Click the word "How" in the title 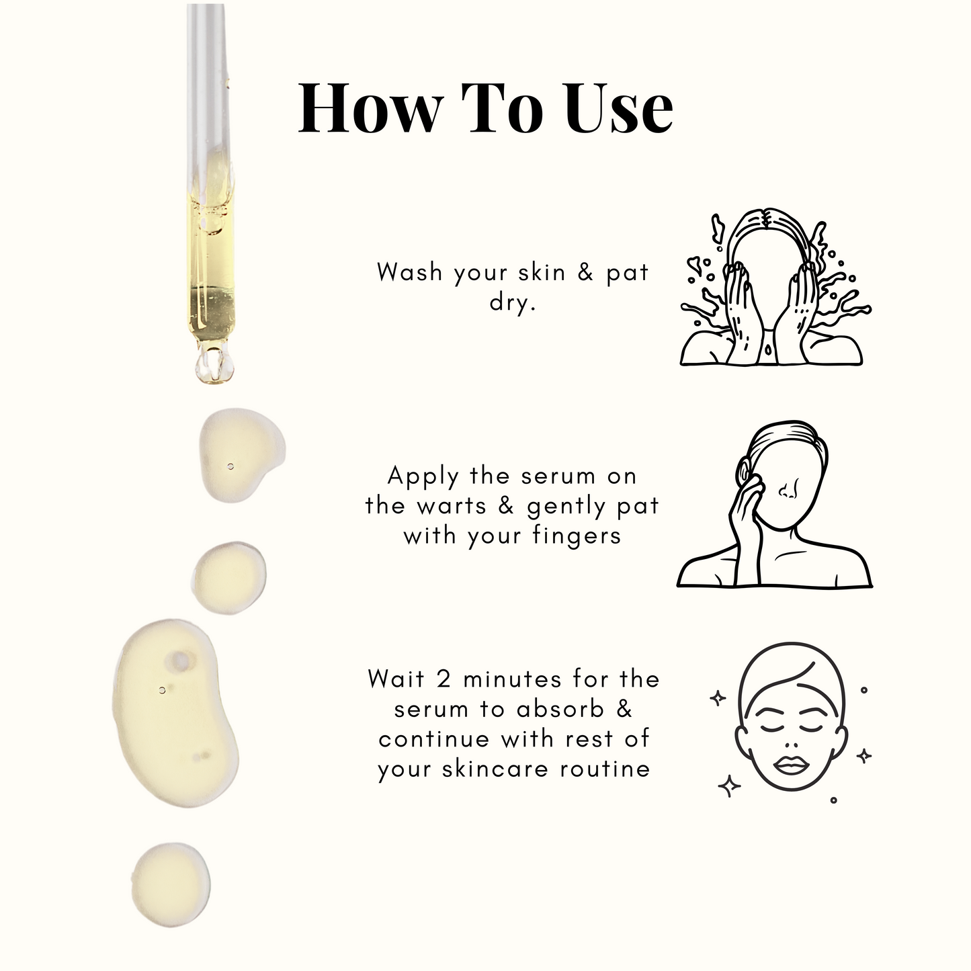[370, 108]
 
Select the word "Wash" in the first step [410, 272]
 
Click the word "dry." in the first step [513, 302]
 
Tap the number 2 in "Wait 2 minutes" [444, 679]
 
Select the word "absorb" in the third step [560, 710]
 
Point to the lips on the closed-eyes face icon [791, 766]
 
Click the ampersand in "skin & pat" [585, 273]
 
